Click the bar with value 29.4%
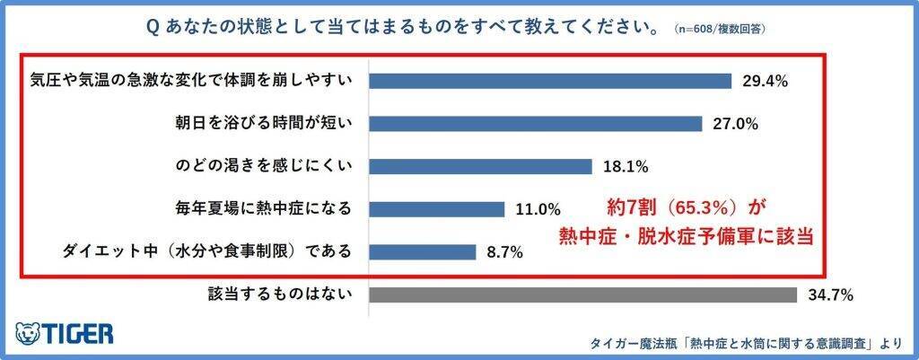point(550,81)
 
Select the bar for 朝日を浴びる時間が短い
point(535,124)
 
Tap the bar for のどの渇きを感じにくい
point(480,166)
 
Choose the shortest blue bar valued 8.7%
point(422,251)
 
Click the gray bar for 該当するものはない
point(582,294)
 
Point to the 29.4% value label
point(765,82)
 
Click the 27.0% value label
point(735,125)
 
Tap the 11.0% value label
point(538,210)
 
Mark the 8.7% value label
point(505,252)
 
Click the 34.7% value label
point(829,295)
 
